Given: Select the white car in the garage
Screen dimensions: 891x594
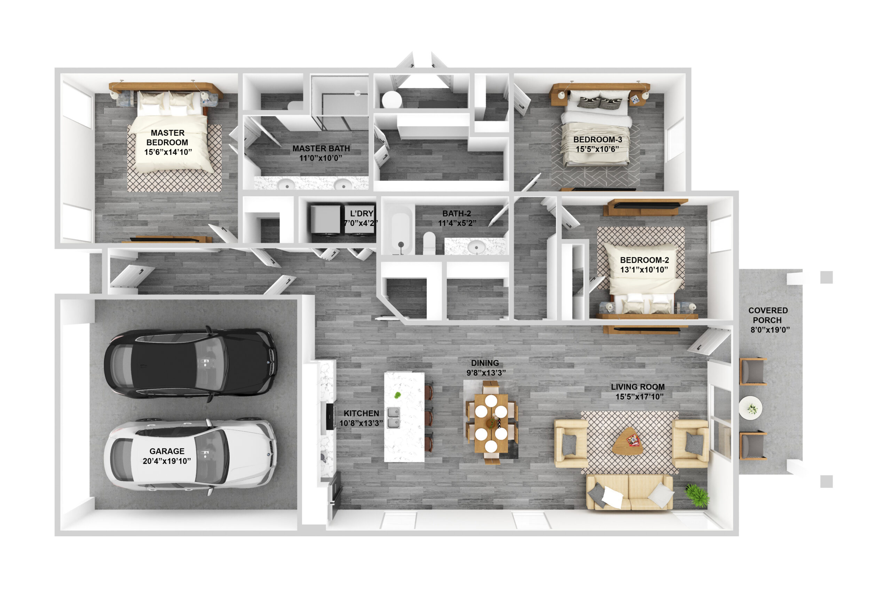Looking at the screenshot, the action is pos(190,456).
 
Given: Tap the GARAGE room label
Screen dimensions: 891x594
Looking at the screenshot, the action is pos(167,456).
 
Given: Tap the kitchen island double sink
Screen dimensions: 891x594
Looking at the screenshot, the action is pos(393,417).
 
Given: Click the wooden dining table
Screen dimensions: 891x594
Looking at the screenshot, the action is pos(491,423).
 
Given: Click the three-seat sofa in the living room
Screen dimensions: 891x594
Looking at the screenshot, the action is pos(629,492).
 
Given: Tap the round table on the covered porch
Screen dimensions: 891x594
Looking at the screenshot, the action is pos(751,408).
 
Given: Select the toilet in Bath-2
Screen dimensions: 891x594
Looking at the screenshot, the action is pos(429,243).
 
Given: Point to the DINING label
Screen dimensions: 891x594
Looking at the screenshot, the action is pos(485,363).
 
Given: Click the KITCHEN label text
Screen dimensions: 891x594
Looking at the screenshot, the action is pos(361,413).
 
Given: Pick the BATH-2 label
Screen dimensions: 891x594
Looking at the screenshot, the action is pos(457,213).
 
